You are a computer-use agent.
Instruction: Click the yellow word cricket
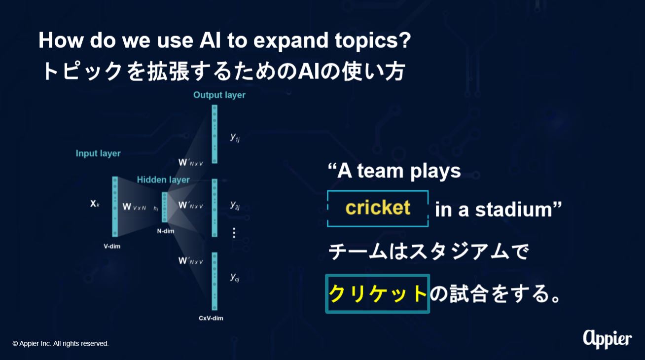(378, 207)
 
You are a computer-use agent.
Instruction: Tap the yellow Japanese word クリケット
(378, 294)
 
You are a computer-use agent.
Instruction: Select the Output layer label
(219, 95)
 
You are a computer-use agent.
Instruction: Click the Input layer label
(98, 153)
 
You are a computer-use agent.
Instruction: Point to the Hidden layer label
(163, 180)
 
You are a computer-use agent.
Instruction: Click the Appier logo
(608, 340)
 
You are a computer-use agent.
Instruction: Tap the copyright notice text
(61, 344)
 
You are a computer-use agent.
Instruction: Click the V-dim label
(112, 246)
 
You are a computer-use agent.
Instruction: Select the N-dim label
(166, 231)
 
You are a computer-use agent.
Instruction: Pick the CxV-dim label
(211, 318)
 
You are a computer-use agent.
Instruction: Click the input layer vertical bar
(115, 207)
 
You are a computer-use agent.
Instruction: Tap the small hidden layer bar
(164, 207)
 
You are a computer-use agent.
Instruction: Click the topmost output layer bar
(215, 134)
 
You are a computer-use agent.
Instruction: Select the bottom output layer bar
(215, 282)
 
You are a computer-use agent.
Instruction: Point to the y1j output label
(235, 138)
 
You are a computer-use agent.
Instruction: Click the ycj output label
(235, 277)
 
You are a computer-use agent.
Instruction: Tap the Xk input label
(95, 204)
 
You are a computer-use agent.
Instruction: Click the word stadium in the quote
(513, 210)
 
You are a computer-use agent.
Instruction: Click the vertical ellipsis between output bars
(234, 233)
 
